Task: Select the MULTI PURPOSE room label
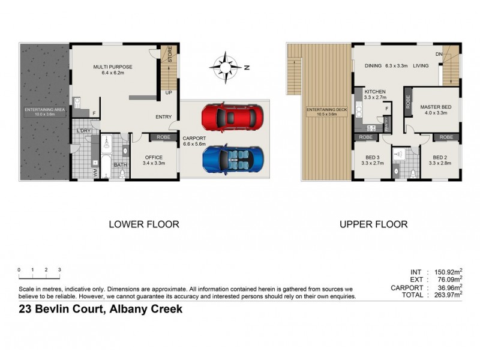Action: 112,67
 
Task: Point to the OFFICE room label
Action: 154,158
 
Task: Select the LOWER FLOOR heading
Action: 143,224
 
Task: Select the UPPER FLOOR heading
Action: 373,224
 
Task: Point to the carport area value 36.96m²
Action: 452,287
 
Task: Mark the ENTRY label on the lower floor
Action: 163,117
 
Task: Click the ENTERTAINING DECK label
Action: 325,110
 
